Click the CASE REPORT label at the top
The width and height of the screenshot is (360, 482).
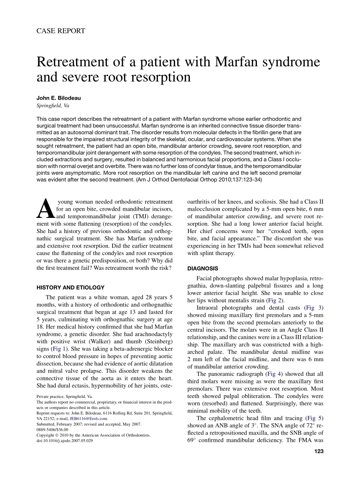[x=61, y=31]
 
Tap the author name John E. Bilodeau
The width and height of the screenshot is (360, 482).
[x=58, y=98]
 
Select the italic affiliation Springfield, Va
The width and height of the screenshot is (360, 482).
[x=53, y=106]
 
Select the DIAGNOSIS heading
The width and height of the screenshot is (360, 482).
[x=203, y=268]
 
